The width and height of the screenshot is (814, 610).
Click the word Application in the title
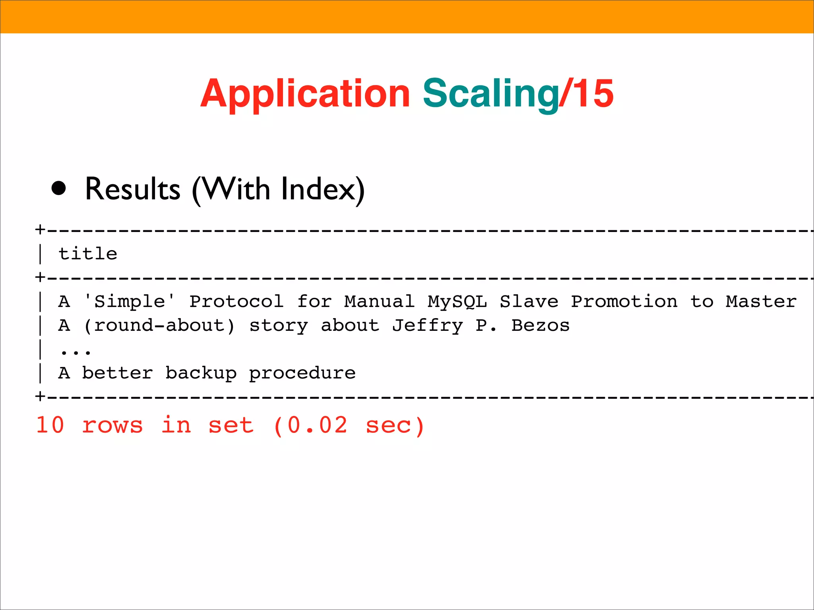305,94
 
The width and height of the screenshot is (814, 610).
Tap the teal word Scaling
490,94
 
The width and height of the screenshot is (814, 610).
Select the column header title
88,254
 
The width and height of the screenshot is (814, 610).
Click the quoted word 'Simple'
130,301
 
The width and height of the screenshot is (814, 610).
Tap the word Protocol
236,301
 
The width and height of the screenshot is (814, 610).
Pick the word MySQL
457,301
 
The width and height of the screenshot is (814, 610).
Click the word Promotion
624,301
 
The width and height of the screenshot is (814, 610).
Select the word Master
761,301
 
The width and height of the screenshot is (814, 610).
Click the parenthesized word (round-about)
159,326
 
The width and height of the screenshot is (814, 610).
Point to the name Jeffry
427,326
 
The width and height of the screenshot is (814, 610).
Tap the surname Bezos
541,326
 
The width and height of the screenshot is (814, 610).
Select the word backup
201,373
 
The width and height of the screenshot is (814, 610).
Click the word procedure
302,373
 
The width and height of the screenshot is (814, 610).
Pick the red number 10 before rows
50,425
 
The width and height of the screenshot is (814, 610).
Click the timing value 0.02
317,425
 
